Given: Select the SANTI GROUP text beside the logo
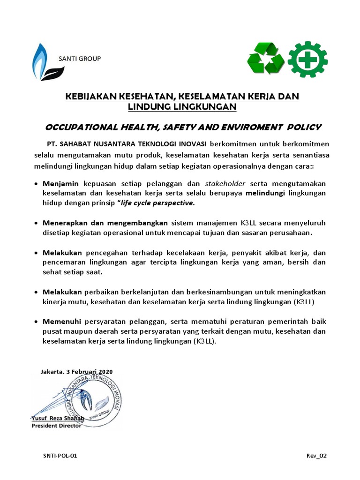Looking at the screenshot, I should (79, 59).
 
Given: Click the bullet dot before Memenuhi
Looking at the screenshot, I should (37, 322).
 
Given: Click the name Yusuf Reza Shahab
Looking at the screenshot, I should (58, 418).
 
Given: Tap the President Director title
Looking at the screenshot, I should (56, 426).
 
